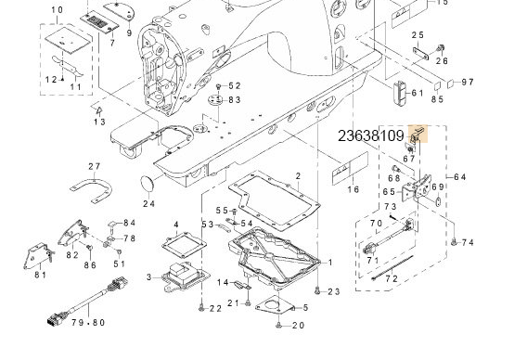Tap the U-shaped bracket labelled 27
tap(93, 190)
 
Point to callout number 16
tap(353, 189)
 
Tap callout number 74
tap(468, 242)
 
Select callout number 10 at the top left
tap(57, 10)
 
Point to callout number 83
tap(235, 99)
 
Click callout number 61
tap(417, 93)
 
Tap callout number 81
tap(40, 275)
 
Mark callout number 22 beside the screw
tap(215, 308)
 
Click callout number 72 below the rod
tap(392, 278)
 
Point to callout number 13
tap(99, 121)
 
